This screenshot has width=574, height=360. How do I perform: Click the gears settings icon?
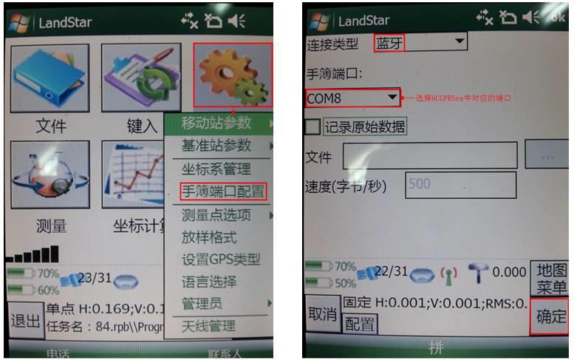233,74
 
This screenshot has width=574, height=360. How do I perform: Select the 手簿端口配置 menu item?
222,191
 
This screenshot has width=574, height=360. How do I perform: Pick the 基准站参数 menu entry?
216,146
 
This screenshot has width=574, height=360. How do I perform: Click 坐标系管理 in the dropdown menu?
216,169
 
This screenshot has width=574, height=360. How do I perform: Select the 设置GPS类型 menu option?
221,259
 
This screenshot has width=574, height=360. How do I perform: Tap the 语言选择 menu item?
209,282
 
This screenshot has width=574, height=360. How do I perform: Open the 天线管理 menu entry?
209,326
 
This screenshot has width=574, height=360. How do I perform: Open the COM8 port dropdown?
352,98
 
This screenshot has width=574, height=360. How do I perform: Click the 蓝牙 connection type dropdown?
420,43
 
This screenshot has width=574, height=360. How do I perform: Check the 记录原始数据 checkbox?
313,126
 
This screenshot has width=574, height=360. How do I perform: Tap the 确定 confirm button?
550,317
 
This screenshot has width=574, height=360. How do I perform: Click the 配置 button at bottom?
361,324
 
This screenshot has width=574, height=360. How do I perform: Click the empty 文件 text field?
429,156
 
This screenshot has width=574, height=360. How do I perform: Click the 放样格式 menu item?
209,237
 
